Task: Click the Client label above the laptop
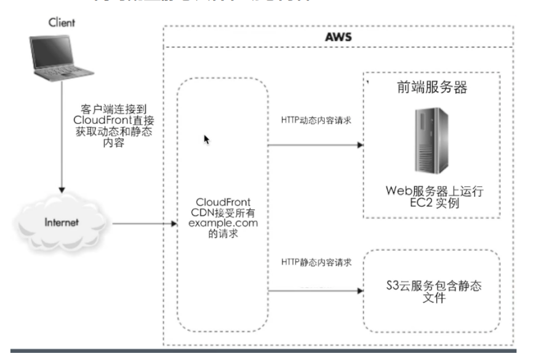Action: [62, 23]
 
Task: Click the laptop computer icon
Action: [54, 58]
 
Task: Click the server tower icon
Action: [431, 141]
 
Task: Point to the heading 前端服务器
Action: [431, 88]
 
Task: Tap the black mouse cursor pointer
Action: [207, 140]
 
